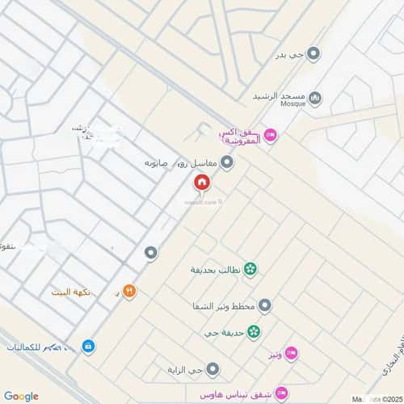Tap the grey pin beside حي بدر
click(314, 54)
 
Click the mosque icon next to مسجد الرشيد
click(316, 99)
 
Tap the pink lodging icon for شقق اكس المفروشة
click(271, 136)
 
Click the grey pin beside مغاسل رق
click(228, 163)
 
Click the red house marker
click(201, 183)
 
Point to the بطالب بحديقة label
click(216, 269)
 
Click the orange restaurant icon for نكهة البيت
click(128, 291)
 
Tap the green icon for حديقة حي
click(255, 331)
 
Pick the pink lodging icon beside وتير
click(292, 353)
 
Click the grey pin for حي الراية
click(213, 370)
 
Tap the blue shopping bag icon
click(87, 347)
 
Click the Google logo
click(21, 395)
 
